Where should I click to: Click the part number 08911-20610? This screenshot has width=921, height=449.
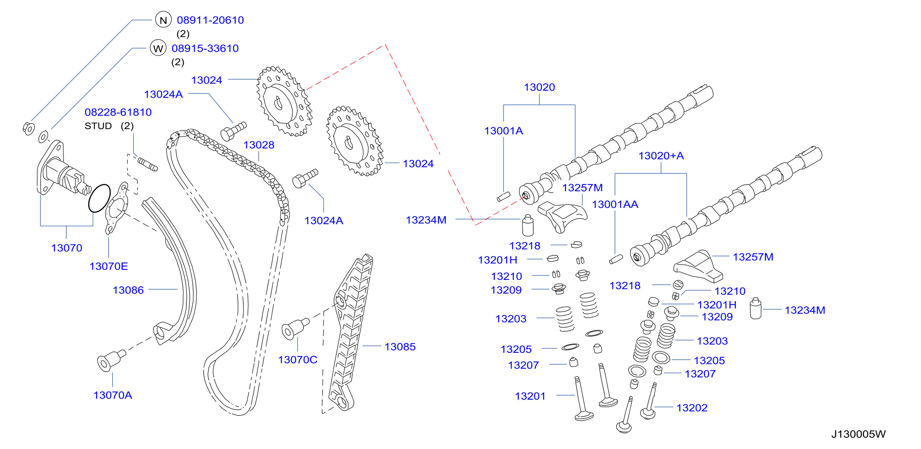tap(210, 20)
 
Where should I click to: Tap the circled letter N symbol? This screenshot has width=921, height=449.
tap(163, 20)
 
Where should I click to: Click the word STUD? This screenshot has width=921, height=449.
tap(98, 126)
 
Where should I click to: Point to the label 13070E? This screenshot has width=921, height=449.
tap(109, 266)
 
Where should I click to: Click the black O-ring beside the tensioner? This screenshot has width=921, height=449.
tap(99, 198)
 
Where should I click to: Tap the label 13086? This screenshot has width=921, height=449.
tap(128, 290)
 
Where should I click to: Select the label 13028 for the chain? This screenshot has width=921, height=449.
tap(259, 145)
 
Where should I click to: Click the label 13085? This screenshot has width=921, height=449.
tap(400, 346)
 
